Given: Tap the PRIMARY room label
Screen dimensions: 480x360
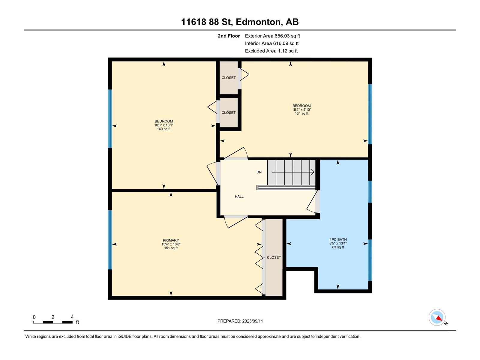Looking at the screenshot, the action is [x=171, y=240].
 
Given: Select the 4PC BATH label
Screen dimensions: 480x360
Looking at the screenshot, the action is [x=338, y=240].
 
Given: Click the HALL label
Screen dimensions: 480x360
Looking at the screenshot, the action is [x=239, y=196].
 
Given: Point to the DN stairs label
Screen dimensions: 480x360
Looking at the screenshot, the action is [x=259, y=172].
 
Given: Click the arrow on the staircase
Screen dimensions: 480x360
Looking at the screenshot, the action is [x=293, y=172].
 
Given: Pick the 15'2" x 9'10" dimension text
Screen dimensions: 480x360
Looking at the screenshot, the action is [x=301, y=110].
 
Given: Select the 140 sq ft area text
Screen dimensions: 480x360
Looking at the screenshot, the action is [x=164, y=129].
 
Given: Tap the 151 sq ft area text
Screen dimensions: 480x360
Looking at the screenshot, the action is [x=171, y=248].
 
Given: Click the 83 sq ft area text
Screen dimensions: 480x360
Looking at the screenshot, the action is [x=338, y=247].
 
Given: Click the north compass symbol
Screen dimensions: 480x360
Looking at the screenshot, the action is [x=437, y=317].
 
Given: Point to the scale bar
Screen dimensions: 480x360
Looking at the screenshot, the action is [x=53, y=322].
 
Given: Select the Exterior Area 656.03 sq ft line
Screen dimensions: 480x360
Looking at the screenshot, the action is [x=272, y=36].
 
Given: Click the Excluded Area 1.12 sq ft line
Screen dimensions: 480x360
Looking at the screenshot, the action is [x=271, y=51].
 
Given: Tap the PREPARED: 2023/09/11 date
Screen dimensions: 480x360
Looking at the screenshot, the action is [x=240, y=321].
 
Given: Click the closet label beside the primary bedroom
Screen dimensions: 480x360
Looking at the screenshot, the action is [x=274, y=257].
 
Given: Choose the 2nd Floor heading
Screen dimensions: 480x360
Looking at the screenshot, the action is [x=229, y=36].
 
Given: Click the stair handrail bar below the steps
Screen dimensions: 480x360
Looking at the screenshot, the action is [x=286, y=187].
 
